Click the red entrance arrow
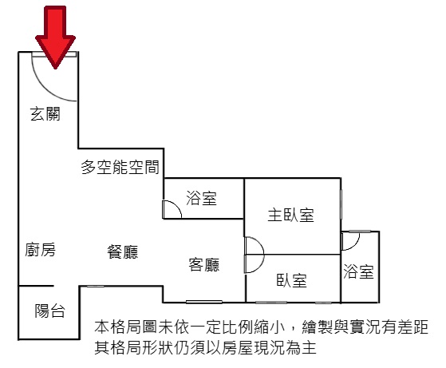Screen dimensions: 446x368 [55, 37]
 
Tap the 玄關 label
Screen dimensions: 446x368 [45, 114]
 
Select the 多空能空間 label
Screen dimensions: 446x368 [120, 167]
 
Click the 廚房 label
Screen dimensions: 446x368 [40, 250]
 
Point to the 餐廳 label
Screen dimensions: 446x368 [123, 252]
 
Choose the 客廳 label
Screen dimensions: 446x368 [204, 264]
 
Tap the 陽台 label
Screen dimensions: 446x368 [49, 311]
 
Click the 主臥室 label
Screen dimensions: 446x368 [290, 215]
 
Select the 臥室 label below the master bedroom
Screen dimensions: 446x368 [291, 280]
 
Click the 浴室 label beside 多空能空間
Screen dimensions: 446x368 [201, 198]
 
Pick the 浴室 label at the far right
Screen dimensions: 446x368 [358, 271]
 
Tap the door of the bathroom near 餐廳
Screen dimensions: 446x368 [172, 209]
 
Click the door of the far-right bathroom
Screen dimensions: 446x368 [350, 241]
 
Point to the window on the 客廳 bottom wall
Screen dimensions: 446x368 [204, 302]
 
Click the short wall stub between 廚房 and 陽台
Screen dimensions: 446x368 [36, 286]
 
